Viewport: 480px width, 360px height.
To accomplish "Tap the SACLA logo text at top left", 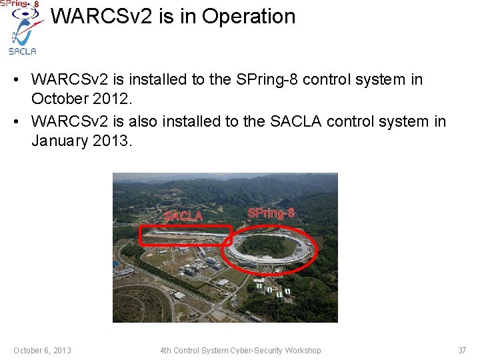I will (x=22, y=51).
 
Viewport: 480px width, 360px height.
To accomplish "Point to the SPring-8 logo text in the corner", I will (x=19, y=4).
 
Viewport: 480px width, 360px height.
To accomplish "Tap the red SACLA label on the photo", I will (x=183, y=216).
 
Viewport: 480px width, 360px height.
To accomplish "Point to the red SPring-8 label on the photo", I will (x=271, y=213).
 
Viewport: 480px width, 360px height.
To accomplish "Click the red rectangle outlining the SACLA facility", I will (x=185, y=227).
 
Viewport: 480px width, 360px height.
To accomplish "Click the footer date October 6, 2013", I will (x=43, y=351).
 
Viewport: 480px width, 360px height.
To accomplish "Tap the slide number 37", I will (x=462, y=351).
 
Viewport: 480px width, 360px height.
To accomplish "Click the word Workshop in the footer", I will (x=303, y=351).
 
